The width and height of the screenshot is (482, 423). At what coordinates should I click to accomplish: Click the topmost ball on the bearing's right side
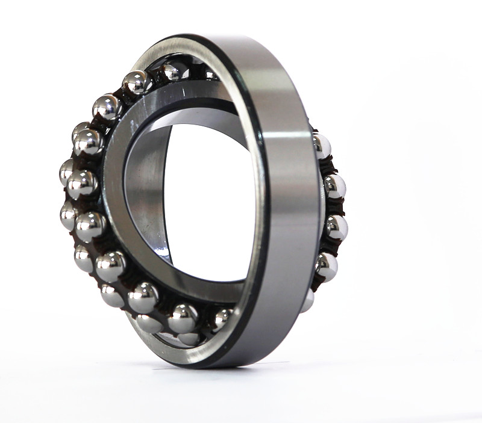(322, 146)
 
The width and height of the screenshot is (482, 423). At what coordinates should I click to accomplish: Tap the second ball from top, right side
(334, 186)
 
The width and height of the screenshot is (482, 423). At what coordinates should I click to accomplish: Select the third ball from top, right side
(336, 227)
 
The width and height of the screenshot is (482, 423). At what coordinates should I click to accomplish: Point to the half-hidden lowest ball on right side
(308, 300)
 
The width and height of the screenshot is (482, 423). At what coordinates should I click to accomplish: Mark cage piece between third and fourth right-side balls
(333, 247)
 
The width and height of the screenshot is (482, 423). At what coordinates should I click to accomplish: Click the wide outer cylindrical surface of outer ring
(289, 199)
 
